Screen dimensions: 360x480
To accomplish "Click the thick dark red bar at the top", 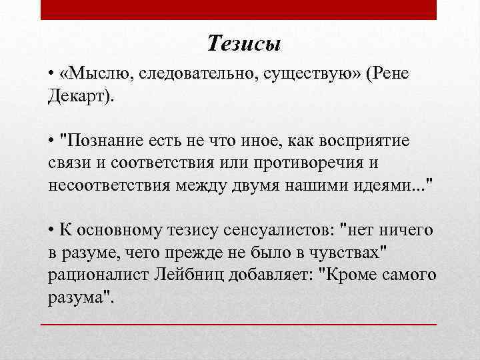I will [239, 9].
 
